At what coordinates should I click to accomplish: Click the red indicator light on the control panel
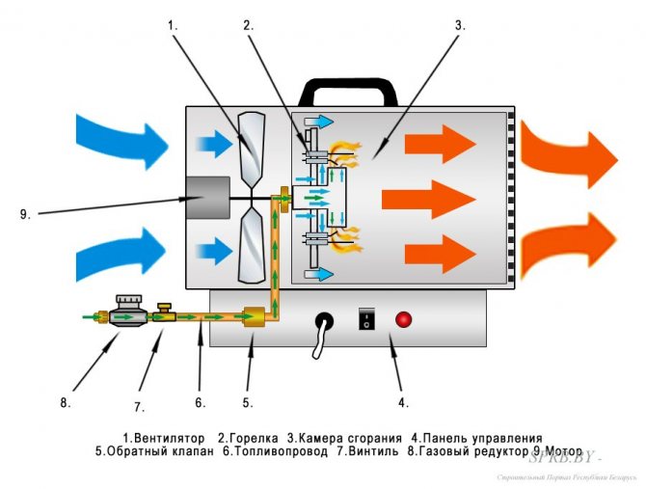click(403, 319)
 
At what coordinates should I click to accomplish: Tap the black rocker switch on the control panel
click(366, 319)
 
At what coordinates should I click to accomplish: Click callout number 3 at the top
click(460, 26)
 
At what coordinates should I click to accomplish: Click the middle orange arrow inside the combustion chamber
click(428, 201)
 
